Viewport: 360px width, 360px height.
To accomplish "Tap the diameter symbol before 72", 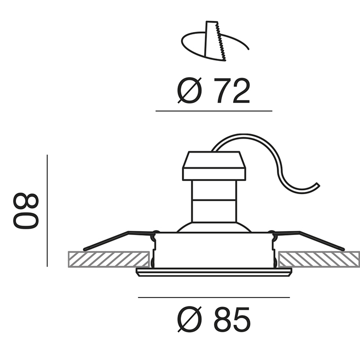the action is click(x=189, y=90).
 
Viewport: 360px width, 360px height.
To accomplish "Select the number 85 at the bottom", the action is click(x=232, y=319).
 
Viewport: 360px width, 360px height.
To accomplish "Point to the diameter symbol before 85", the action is click(x=189, y=319).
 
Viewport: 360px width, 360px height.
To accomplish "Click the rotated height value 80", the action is click(x=26, y=211).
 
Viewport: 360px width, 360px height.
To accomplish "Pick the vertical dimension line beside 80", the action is click(x=47, y=211).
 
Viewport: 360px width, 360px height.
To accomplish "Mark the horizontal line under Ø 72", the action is click(x=214, y=111).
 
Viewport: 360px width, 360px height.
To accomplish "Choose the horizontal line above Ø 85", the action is click(x=214, y=297).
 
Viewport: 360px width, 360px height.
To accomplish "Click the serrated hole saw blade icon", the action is click(x=215, y=41).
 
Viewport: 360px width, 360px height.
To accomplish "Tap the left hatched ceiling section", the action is click(x=109, y=259).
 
